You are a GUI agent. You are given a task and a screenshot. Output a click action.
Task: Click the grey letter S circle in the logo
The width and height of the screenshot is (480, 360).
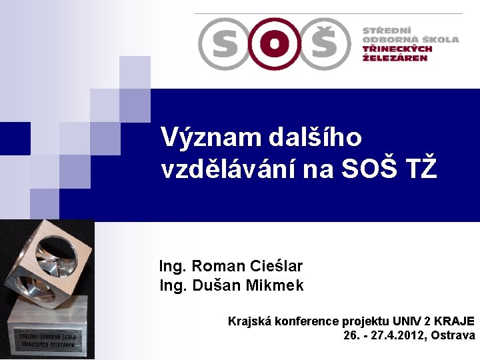click(225, 43)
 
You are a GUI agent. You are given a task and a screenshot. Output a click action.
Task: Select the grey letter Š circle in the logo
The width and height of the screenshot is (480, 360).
click(323, 43)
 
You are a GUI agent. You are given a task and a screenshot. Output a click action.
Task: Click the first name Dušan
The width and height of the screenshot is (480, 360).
click(217, 286)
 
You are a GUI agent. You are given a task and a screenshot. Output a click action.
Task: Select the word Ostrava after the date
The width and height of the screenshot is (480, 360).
click(453, 335)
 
